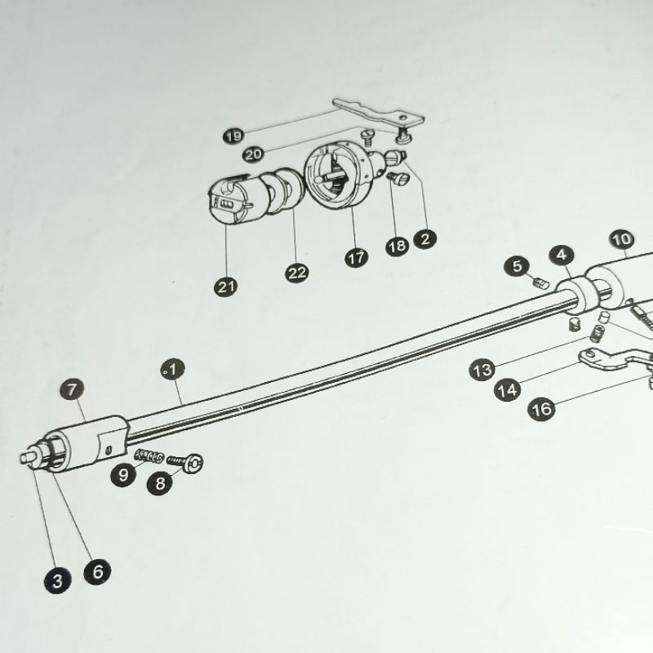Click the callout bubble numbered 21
point(225,287)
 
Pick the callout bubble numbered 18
point(397,246)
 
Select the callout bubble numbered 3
point(58,581)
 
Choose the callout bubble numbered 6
point(97,571)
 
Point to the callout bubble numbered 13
point(482,371)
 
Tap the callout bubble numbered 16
point(540,408)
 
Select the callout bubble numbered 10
point(621,239)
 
